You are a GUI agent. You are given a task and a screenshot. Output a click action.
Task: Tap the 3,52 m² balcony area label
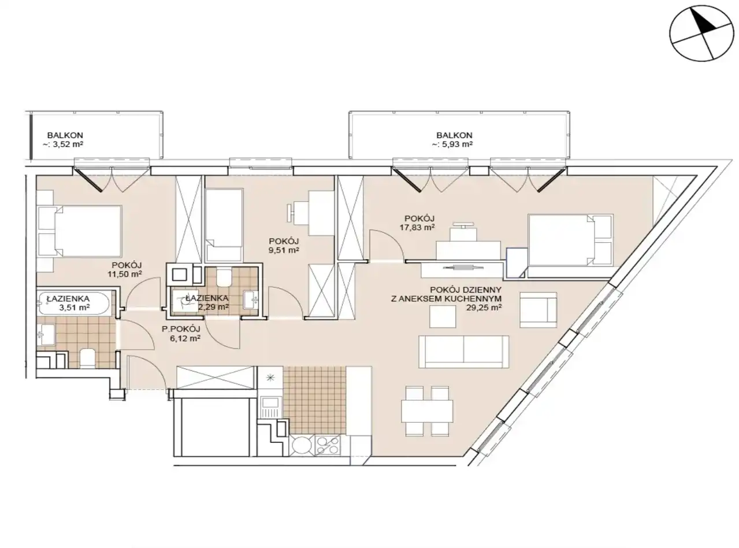(62, 145)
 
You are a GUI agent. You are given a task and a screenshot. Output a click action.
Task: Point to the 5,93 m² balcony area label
(452, 145)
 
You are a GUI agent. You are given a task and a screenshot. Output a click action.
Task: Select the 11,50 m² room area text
(125, 274)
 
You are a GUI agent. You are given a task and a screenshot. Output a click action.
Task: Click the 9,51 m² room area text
(284, 250)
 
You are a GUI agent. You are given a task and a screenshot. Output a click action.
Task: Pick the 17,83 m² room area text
(417, 227)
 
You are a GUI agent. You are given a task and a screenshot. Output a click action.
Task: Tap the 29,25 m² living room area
(484, 308)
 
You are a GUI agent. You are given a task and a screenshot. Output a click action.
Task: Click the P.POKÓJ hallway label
(181, 329)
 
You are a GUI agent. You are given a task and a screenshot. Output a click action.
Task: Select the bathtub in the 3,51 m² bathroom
(74, 303)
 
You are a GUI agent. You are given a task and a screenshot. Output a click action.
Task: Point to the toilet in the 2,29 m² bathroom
(223, 277)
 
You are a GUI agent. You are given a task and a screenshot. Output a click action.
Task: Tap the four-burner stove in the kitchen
(328, 446)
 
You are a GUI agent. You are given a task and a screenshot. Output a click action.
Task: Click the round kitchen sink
(302, 445)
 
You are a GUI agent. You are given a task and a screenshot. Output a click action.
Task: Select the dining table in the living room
(427, 411)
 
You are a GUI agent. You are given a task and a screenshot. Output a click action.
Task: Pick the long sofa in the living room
(464, 351)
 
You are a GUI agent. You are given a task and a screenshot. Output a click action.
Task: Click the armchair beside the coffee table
(538, 310)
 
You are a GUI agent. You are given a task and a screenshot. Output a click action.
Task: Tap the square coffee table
(443, 316)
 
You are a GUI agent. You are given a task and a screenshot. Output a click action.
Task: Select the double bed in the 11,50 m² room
(80, 231)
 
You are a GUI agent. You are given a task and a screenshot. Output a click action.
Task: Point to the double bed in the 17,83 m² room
(570, 240)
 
